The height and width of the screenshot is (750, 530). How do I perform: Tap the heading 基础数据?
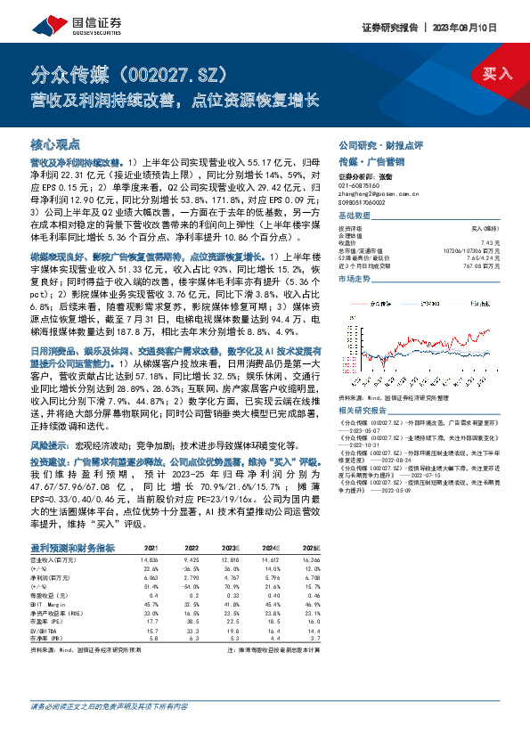(355, 217)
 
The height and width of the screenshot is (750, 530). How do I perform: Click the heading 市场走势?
(355, 280)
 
